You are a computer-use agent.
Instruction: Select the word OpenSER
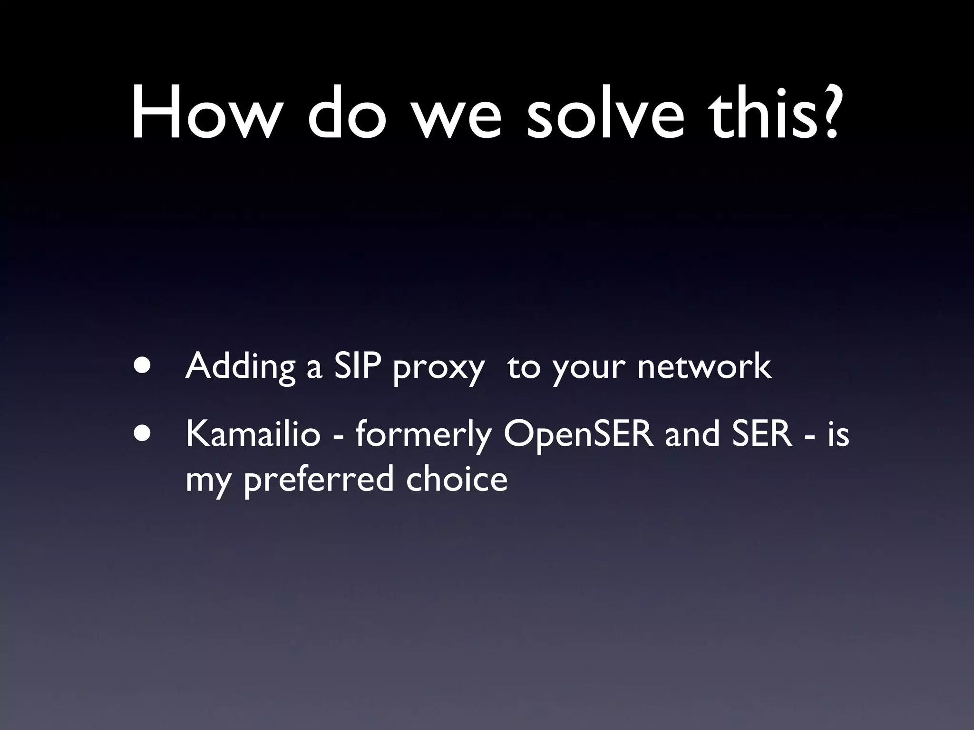pos(578,435)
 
